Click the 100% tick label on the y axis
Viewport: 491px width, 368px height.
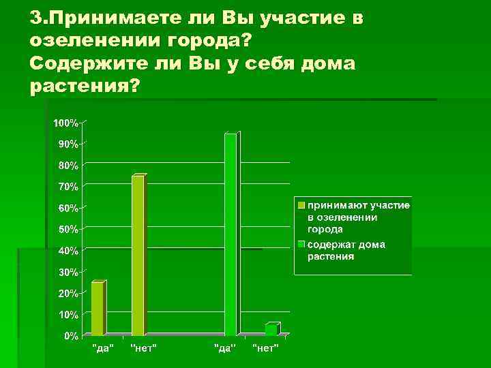[65, 123]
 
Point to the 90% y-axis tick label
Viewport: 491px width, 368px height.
[68, 144]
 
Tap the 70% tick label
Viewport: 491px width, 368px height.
[68, 187]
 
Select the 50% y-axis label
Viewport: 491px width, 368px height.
[68, 230]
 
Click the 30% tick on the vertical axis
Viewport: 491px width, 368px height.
[68, 273]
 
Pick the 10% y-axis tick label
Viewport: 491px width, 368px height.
[68, 315]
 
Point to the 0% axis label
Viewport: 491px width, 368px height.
[70, 337]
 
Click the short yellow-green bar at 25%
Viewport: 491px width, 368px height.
[97, 309]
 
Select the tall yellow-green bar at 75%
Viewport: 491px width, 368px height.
[138, 256]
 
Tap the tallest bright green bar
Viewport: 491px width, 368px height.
[230, 234]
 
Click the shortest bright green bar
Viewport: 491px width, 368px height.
[271, 330]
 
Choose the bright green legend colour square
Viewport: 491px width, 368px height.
[300, 244]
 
